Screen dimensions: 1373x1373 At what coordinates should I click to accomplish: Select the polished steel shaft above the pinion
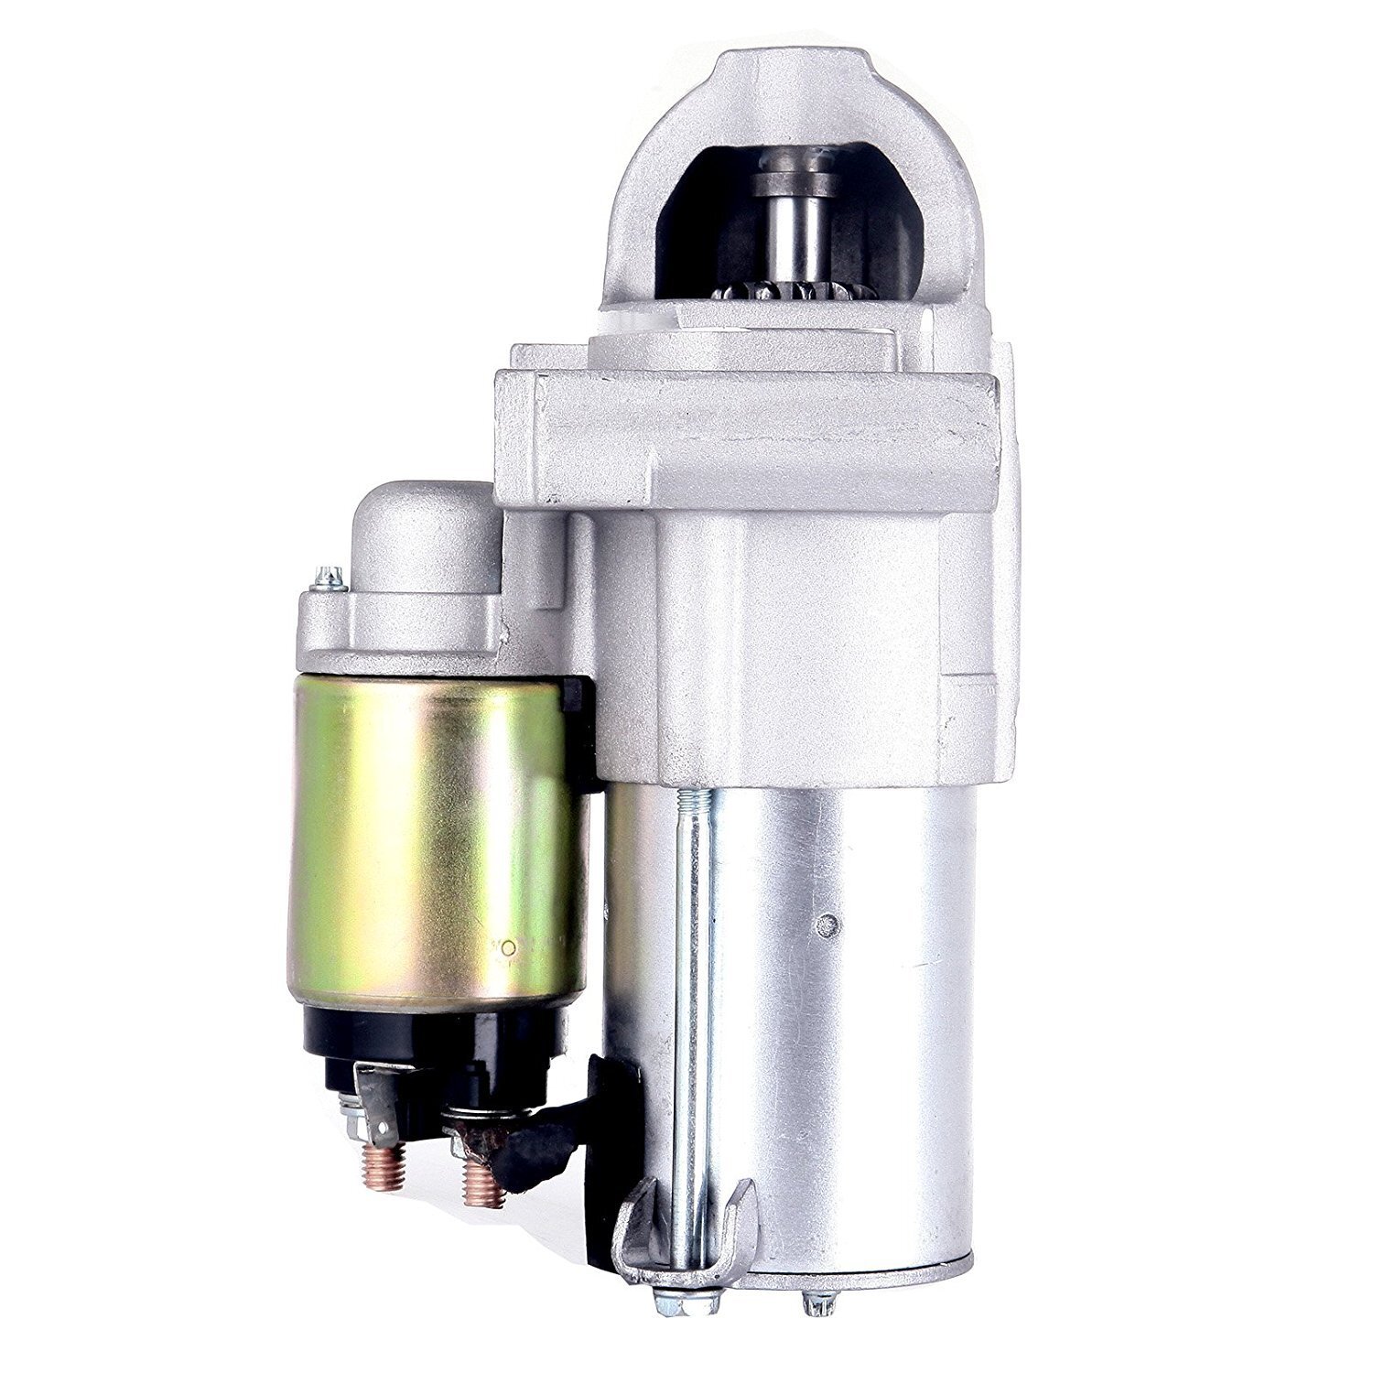(x=793, y=229)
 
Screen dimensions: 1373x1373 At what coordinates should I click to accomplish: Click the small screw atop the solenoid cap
(x=328, y=578)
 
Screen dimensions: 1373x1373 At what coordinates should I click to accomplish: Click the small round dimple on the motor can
(x=829, y=922)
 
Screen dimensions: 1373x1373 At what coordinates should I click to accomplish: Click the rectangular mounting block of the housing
(x=751, y=439)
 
